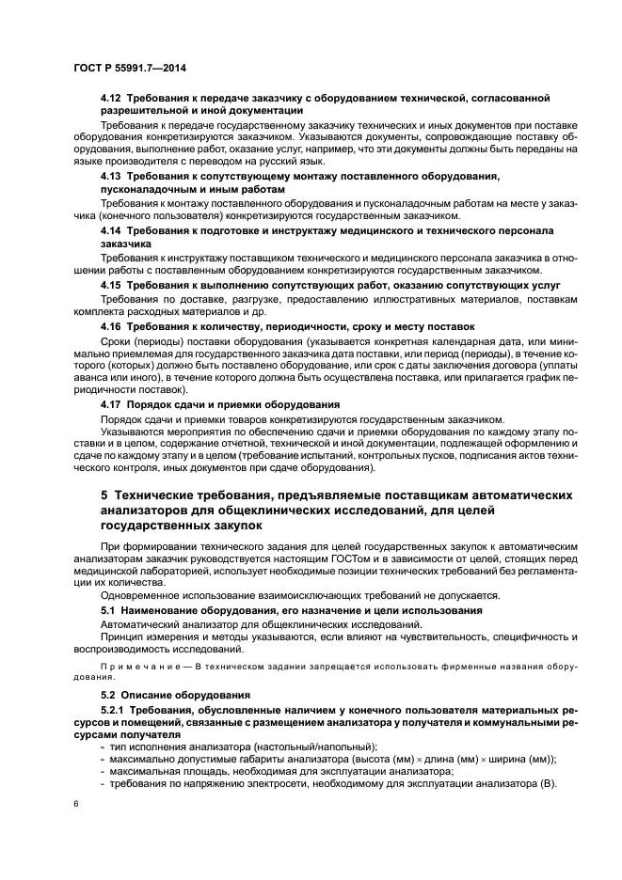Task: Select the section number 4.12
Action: (x=111, y=98)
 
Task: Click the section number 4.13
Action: (x=111, y=177)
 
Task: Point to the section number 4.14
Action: (x=111, y=230)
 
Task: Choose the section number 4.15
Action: (x=111, y=284)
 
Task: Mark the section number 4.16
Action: (x=111, y=324)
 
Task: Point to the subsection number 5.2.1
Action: (x=115, y=711)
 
